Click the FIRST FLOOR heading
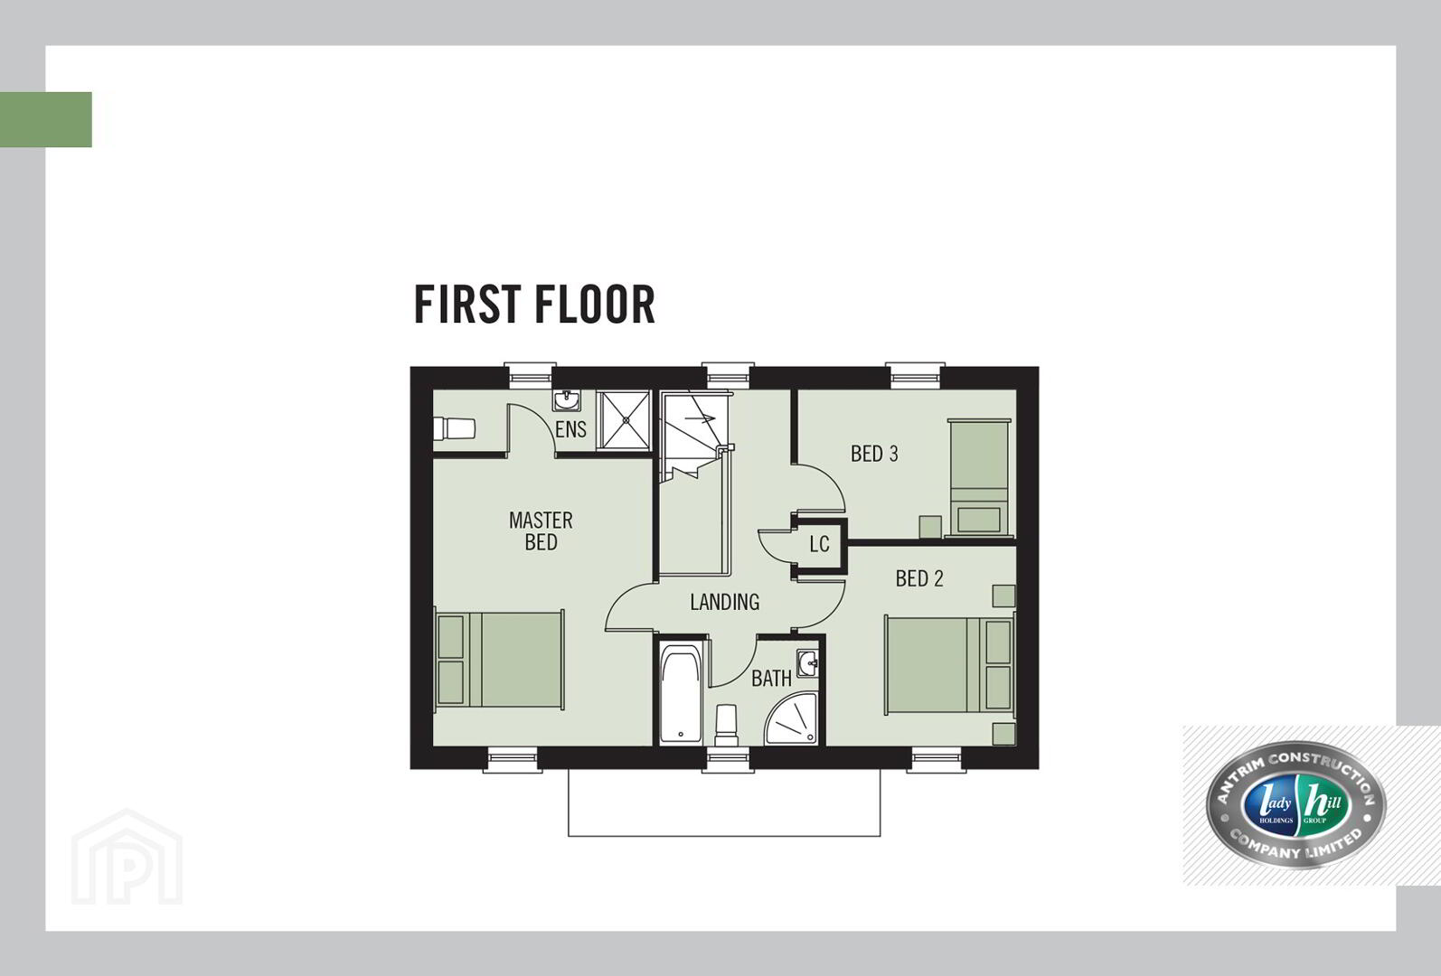click(x=534, y=305)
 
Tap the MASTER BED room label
click(x=541, y=531)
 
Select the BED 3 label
click(x=873, y=454)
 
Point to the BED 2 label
click(x=919, y=578)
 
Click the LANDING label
click(x=724, y=602)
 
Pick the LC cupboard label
click(x=819, y=545)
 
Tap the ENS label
click(x=570, y=429)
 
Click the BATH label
click(x=771, y=679)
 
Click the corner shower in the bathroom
click(x=792, y=719)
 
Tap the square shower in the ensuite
click(x=623, y=419)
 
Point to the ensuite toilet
click(x=454, y=429)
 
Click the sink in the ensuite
click(x=567, y=400)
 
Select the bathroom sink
click(x=808, y=663)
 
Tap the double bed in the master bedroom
click(x=499, y=661)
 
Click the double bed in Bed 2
click(x=949, y=665)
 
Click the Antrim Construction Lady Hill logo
click(x=1295, y=805)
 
